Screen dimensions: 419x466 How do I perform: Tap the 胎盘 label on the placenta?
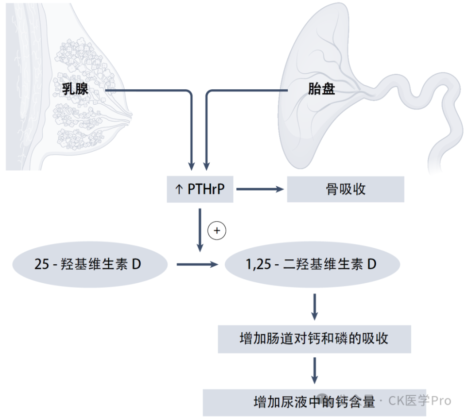coord(321,89)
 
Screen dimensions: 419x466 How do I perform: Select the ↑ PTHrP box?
coord(200,189)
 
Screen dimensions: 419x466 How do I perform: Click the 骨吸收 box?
coord(346,189)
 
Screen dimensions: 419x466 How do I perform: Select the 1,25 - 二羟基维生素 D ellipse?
coord(312,265)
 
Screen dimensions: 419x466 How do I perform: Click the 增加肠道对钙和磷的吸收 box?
coord(314,338)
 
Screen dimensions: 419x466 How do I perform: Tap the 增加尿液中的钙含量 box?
coord(314,402)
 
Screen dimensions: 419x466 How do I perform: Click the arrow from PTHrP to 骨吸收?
coord(260,189)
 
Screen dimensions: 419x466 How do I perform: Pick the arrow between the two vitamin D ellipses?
coord(197,265)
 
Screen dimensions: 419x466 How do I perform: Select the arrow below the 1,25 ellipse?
coord(315,306)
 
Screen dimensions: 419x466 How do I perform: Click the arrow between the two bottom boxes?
coord(315,371)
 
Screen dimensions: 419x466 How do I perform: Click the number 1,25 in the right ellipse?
coord(257,265)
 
